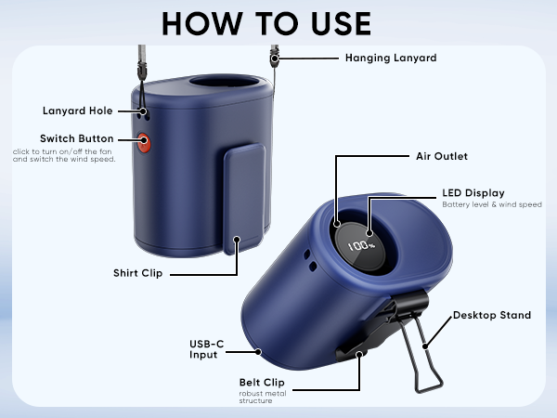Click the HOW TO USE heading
266,23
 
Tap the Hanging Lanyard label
391,58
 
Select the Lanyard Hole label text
77,111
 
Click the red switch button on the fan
144,143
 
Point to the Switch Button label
77,138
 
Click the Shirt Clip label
137,273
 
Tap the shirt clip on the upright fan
244,199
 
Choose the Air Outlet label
442,156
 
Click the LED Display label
473,193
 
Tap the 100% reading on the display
361,245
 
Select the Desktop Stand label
492,315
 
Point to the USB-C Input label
207,349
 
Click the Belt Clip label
262,383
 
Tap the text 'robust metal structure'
263,397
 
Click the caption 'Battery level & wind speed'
492,204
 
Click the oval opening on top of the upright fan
226,82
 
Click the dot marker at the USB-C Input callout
258,352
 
